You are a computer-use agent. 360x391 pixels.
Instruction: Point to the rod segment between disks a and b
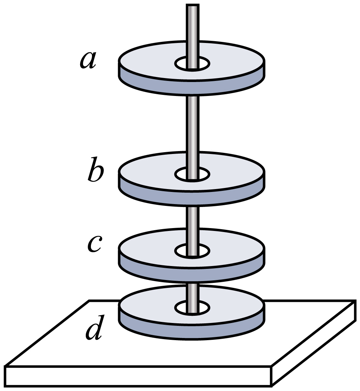tap(193, 125)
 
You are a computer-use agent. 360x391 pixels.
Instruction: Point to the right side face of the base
tap(315, 344)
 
